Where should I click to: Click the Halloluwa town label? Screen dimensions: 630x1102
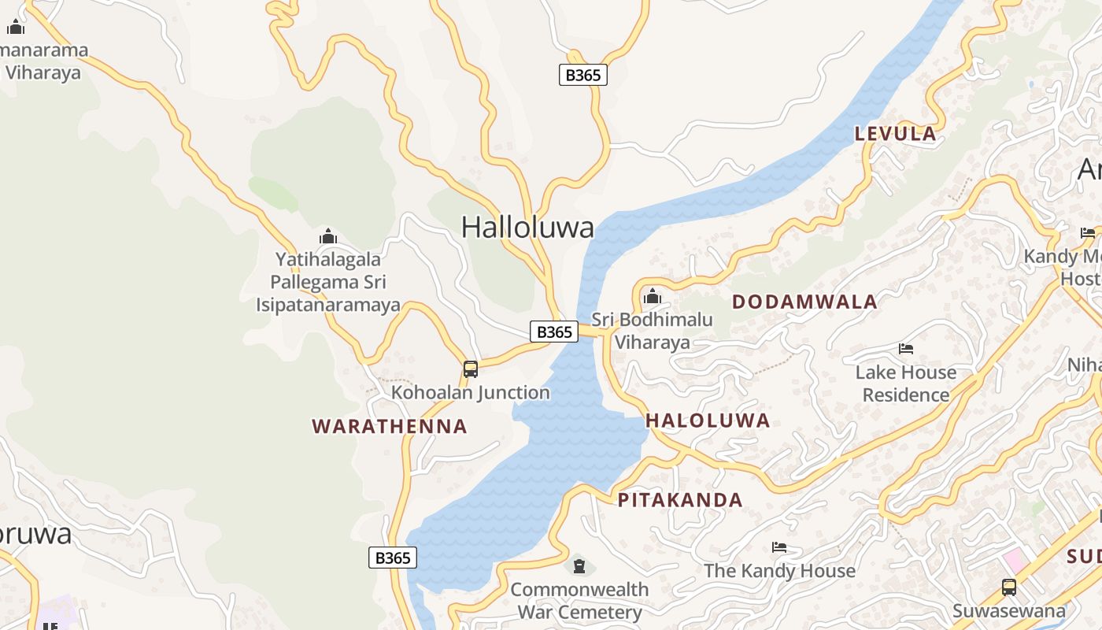(527, 228)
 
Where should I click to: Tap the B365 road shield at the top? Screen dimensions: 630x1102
(582, 75)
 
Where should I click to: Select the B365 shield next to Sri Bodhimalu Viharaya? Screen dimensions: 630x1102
(554, 332)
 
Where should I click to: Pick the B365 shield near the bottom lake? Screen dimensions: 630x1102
(392, 558)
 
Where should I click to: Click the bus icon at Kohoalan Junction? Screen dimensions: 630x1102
(471, 369)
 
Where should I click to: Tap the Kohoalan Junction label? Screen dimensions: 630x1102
(471, 392)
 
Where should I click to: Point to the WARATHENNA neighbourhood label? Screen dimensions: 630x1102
(390, 427)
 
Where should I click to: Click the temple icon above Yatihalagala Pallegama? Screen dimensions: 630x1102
(328, 236)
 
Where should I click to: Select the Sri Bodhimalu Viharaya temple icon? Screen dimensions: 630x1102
(652, 297)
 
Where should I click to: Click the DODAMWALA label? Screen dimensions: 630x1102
(804, 302)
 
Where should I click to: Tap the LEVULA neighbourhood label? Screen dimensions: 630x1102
(896, 134)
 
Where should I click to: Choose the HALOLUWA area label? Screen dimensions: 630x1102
(708, 421)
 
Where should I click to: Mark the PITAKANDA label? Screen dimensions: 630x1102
(680, 500)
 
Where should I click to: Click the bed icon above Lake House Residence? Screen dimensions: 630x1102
(906, 348)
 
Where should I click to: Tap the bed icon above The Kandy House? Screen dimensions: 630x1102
(779, 547)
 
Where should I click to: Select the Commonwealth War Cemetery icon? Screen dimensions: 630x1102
(579, 565)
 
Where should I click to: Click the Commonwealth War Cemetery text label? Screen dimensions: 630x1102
(579, 601)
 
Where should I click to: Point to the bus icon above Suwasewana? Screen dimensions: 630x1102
(1009, 587)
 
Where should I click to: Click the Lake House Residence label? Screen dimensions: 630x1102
(906, 384)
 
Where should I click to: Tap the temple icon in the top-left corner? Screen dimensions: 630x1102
(16, 28)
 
